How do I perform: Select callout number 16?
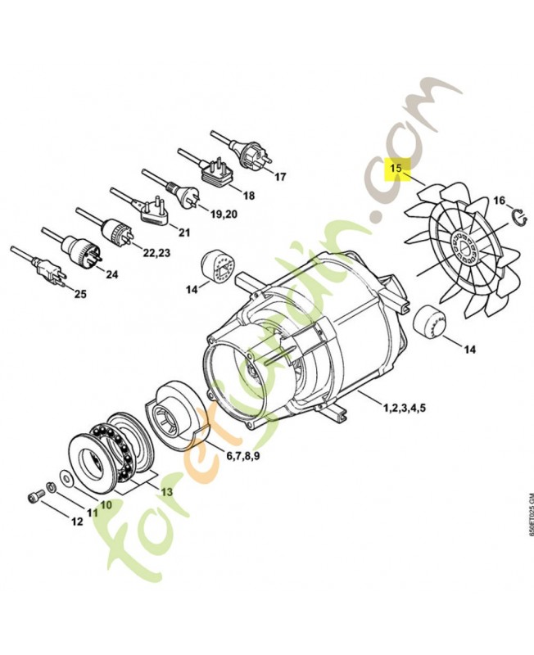click(499, 200)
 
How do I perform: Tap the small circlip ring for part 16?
click(518, 215)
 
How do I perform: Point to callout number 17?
click(280, 177)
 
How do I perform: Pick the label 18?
click(248, 196)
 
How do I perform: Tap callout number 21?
click(184, 233)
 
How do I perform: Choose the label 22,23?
click(156, 252)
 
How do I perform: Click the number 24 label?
click(111, 274)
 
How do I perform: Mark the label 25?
click(79, 293)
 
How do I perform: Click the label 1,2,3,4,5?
click(402, 405)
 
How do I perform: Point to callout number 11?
click(93, 513)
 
